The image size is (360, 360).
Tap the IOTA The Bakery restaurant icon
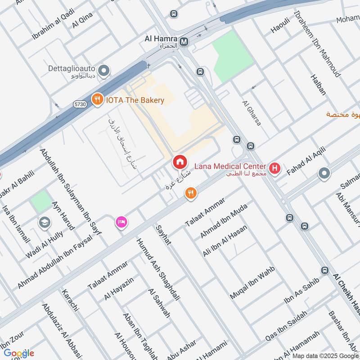(x=97, y=100)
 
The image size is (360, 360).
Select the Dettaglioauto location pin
(x=104, y=70)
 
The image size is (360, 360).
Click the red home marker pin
(x=180, y=162)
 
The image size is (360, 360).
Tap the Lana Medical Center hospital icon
(x=275, y=170)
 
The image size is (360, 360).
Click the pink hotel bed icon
(x=121, y=222)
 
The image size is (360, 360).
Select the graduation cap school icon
(x=45, y=222)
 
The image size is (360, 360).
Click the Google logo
(x=19, y=353)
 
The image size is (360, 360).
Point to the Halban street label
(x=318, y=85)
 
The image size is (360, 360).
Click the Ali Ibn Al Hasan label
(x=225, y=241)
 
